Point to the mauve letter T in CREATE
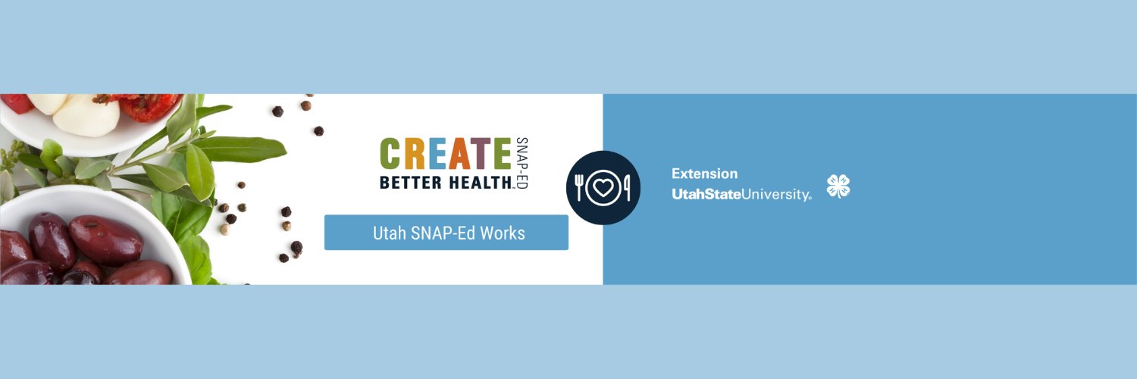[483, 154]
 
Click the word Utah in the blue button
[389, 233]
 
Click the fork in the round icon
[580, 188]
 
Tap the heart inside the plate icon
[603, 188]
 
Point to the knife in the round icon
[627, 188]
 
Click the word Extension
[704, 174]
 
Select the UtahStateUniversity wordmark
[741, 195]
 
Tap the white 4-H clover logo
[838, 186]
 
